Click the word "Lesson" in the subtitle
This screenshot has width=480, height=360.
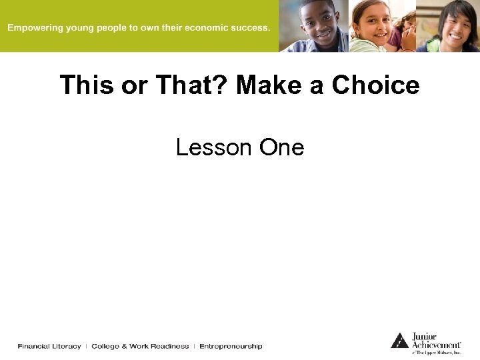(x=214, y=147)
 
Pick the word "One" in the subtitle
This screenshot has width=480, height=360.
(x=281, y=147)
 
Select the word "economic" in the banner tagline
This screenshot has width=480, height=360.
(x=211, y=28)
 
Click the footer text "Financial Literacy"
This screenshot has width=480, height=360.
(x=49, y=346)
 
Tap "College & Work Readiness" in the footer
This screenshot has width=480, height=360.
(x=140, y=346)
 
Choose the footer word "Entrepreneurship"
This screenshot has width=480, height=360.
(x=231, y=346)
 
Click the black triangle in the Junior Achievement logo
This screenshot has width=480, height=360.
(x=399, y=340)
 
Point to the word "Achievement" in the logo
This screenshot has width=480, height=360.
(x=435, y=345)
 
